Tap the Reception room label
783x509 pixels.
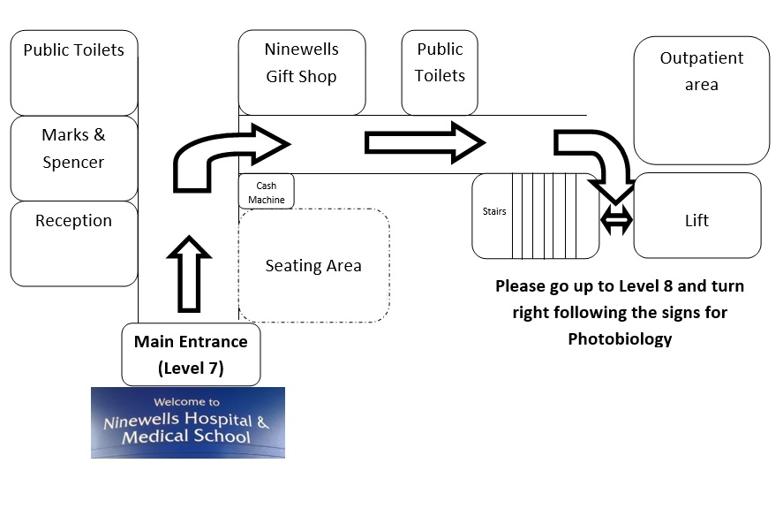[x=73, y=221]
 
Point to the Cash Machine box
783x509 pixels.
[x=266, y=192]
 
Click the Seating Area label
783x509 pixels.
[x=313, y=265]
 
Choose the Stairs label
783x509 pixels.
[x=494, y=212]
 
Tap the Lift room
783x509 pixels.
[x=696, y=221]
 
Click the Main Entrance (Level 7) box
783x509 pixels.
[x=191, y=354]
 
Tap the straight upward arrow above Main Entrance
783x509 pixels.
[x=189, y=273]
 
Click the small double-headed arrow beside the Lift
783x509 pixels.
[x=616, y=221]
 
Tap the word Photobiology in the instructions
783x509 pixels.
[x=619, y=339]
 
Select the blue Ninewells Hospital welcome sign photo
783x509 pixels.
[x=187, y=422]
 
